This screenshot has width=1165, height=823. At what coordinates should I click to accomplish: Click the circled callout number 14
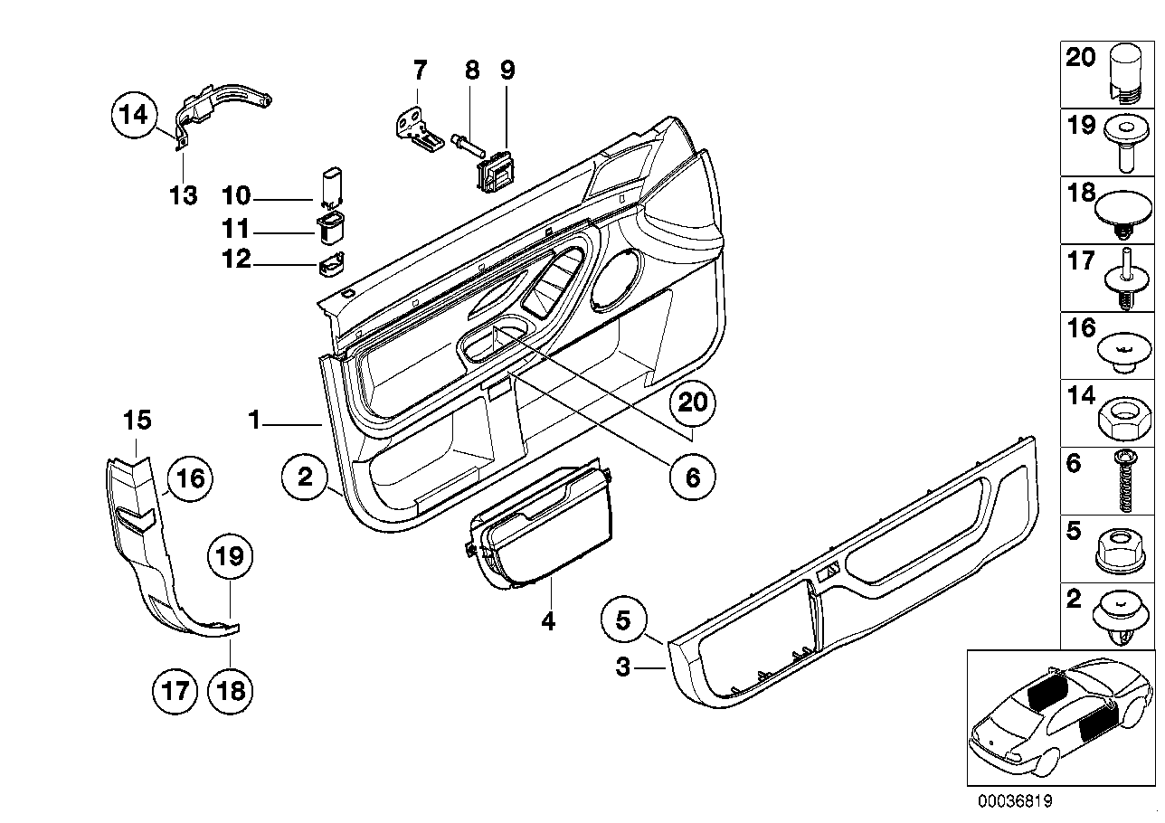[134, 115]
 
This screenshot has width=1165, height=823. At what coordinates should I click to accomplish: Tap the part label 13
[184, 195]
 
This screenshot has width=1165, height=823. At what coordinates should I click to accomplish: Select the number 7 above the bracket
[420, 70]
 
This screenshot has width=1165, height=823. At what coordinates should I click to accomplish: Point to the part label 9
[507, 70]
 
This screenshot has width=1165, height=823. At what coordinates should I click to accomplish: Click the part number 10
[236, 196]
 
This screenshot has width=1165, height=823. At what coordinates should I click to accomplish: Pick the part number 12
[236, 259]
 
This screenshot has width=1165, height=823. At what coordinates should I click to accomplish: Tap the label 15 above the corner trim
[137, 420]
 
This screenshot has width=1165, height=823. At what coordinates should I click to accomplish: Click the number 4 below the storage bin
[548, 620]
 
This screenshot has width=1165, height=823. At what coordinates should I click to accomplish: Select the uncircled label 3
[622, 667]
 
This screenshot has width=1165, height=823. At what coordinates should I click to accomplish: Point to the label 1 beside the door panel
[254, 420]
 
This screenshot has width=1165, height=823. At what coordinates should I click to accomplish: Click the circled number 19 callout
[231, 557]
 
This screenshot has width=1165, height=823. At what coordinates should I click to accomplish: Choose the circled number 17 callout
[175, 692]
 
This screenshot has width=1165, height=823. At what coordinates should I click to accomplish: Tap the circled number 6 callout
[692, 478]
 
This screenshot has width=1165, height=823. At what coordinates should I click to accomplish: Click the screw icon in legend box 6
[1125, 481]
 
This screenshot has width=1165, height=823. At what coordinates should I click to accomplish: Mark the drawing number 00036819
[1015, 800]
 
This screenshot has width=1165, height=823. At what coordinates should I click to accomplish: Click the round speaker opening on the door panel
[617, 279]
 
